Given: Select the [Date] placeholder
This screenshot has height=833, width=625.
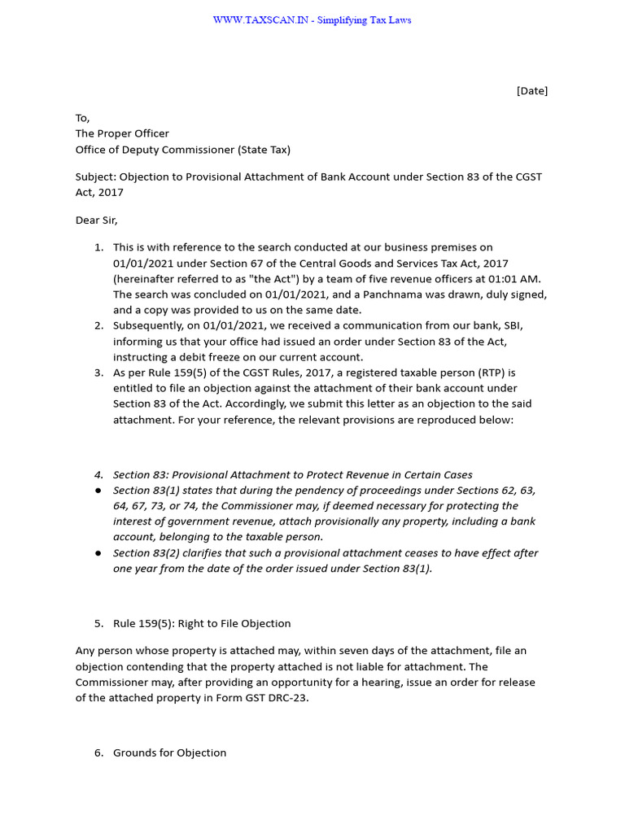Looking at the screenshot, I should click(532, 91).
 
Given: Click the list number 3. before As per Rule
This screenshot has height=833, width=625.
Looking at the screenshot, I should click(98, 373).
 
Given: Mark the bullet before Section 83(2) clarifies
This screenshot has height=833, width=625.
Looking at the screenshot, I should click(98, 553).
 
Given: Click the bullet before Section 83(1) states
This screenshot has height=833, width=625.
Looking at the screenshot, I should click(98, 491).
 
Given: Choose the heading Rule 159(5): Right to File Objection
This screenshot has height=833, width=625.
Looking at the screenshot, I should click(202, 623).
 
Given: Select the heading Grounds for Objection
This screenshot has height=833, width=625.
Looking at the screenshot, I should click(169, 752).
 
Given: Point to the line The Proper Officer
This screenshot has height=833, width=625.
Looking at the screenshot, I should click(122, 133).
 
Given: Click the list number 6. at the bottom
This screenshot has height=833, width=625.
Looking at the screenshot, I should click(98, 752).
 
